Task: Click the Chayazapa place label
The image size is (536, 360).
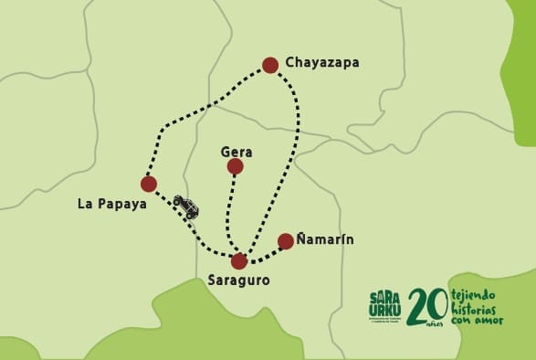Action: (322, 63)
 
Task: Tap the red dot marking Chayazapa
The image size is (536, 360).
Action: (270, 65)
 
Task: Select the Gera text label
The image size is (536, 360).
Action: (236, 152)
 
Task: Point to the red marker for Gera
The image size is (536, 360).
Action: (236, 166)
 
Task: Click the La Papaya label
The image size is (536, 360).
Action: (112, 204)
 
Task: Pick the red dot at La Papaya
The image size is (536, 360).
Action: (149, 184)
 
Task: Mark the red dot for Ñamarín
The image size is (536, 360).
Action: (286, 241)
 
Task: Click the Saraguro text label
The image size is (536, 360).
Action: (238, 281)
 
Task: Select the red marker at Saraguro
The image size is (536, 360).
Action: (239, 261)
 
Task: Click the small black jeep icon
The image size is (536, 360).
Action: (186, 206)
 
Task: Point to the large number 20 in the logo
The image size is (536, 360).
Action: (426, 308)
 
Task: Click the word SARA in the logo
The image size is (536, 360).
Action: (386, 297)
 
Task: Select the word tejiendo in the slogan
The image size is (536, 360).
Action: (473, 296)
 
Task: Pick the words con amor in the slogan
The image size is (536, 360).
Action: (476, 320)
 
